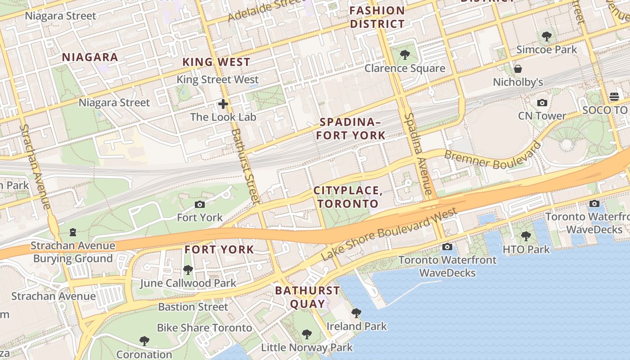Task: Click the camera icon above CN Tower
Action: [x=542, y=103]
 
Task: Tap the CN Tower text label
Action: [x=542, y=116]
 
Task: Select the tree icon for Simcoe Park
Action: [x=547, y=36]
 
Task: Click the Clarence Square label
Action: [x=405, y=68]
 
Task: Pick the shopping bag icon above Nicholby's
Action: [x=518, y=69]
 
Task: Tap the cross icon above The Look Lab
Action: [x=223, y=104]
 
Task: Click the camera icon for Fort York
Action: [x=200, y=205]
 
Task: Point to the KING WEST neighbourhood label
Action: [x=216, y=62]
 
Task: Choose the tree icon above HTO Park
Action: [x=526, y=236]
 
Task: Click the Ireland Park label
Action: [x=356, y=326]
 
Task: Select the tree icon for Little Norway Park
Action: [x=307, y=334]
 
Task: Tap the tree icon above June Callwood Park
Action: [x=188, y=270]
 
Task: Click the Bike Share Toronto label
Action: [x=204, y=328]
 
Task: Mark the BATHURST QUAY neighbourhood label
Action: [x=307, y=297]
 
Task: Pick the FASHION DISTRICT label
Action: [x=377, y=17]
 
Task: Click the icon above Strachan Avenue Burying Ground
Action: [x=73, y=232]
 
